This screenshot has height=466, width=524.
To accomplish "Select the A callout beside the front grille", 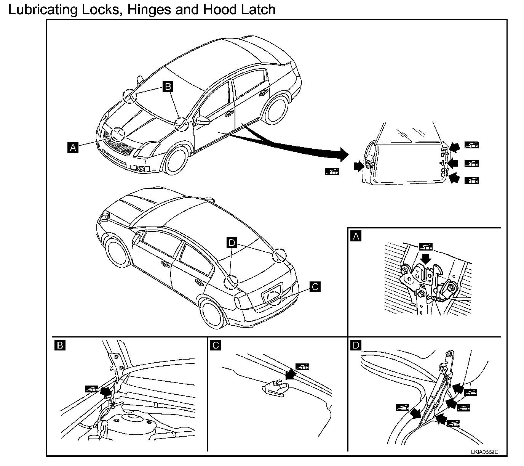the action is tap(73, 148).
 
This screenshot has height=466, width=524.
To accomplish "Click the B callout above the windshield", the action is tap(168, 86).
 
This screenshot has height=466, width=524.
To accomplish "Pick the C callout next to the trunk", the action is tap(315, 287).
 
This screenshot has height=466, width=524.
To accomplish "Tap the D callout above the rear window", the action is tap(232, 243).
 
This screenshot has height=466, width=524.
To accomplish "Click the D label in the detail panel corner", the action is tap(356, 345).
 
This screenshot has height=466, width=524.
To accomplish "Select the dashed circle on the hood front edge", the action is tap(118, 135).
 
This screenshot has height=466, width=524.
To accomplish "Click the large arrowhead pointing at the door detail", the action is tap(344, 155).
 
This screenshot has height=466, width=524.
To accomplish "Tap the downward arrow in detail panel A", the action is tap(425, 259).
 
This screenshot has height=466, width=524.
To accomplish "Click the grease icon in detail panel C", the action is tap(302, 367).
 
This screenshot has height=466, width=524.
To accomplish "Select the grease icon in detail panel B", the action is tap(92, 389).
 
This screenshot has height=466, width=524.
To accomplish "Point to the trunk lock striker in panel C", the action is tap(276, 388).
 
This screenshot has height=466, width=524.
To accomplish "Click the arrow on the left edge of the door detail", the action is tap(359, 166).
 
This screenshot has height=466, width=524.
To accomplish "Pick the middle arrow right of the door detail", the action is tap(452, 164).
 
